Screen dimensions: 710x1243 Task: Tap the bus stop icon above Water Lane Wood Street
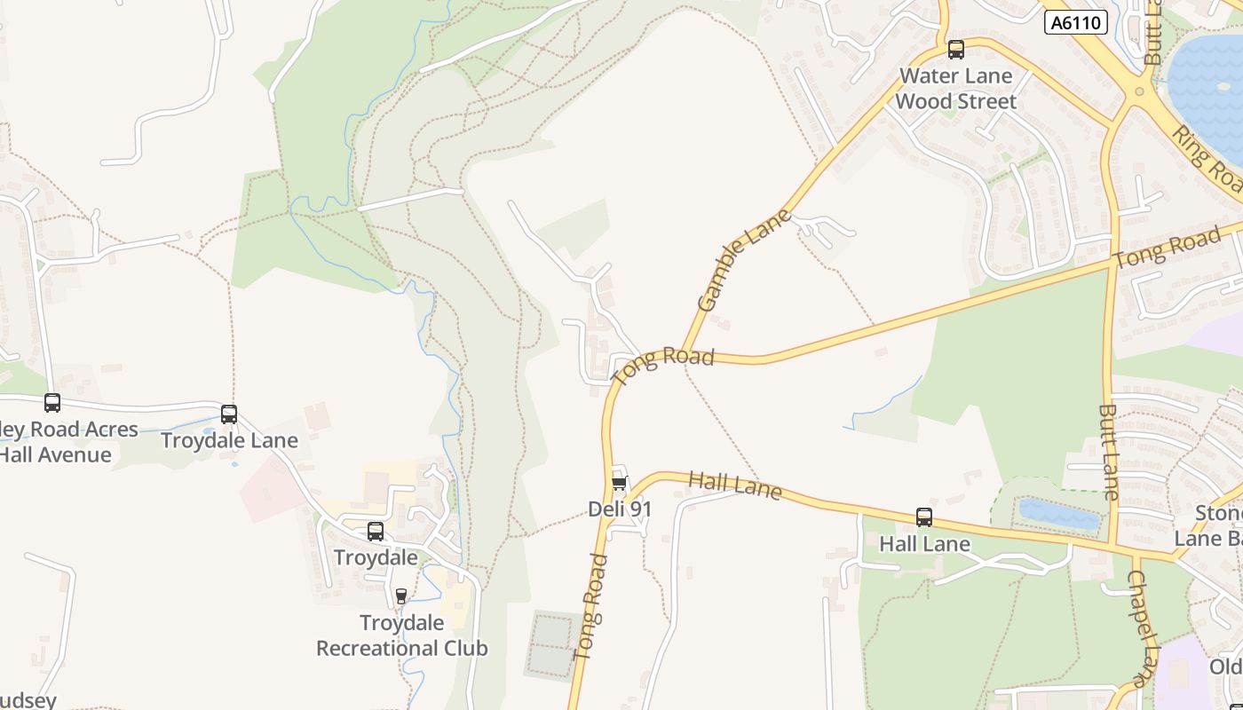coord(955,50)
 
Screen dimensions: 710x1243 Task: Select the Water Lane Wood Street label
coord(955,89)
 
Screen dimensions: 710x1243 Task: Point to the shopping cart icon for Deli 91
coord(619,484)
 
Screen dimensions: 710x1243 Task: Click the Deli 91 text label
coord(620,509)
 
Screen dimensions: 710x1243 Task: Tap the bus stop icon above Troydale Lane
coord(229,414)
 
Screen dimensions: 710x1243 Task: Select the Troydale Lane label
coord(229,440)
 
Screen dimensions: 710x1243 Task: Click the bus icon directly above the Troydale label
coord(376,532)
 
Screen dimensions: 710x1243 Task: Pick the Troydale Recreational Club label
coord(402,635)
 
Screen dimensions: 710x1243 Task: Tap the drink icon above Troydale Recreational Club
coord(400,596)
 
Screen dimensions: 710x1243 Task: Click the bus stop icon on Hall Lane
coord(923,517)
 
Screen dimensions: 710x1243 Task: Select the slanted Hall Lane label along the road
coord(735,485)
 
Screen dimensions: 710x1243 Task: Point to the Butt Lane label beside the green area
coord(1109,453)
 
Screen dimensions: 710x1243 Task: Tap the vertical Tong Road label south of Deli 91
coord(590,607)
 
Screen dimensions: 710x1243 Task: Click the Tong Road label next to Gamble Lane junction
coord(663,365)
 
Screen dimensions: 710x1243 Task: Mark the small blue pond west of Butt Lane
coord(1057,514)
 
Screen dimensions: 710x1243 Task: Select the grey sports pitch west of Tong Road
coord(551,643)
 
